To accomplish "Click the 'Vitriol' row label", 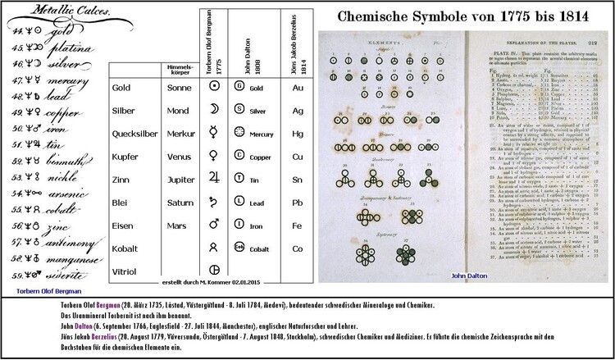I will (125, 268).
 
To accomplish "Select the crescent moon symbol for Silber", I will (214, 109).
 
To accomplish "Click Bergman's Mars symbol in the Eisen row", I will (214, 222).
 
